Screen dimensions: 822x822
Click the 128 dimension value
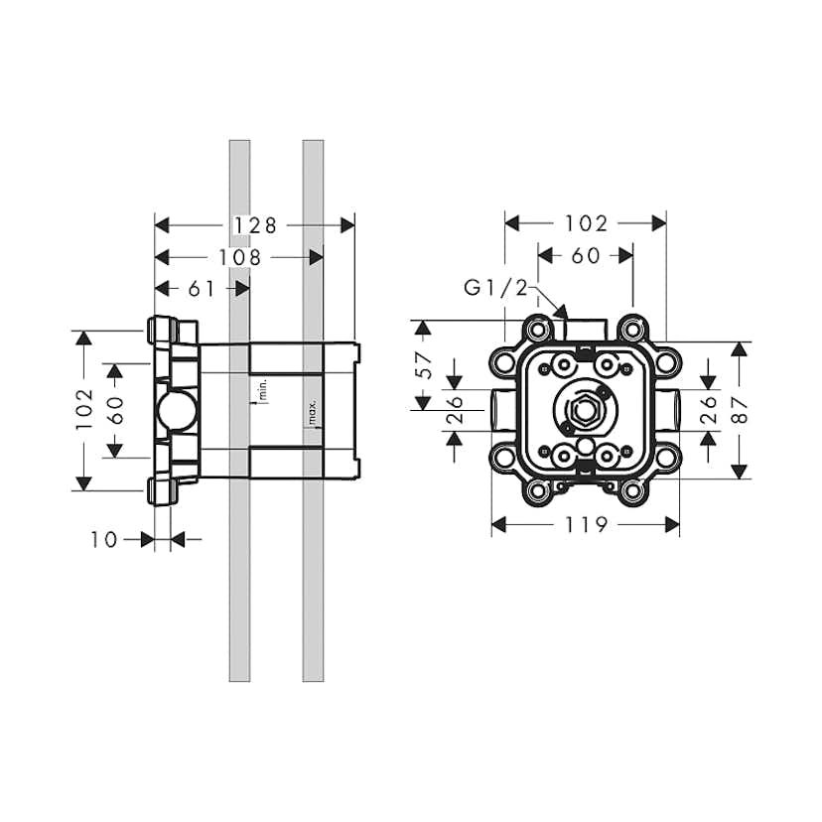coord(255,225)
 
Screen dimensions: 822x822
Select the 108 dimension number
coord(240,257)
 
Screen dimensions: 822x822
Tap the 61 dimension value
coord(202,289)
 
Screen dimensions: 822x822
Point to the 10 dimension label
coord(103,539)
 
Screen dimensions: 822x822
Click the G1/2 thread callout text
coord(495,288)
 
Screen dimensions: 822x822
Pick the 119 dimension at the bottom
coord(586,523)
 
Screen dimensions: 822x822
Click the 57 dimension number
coord(424,363)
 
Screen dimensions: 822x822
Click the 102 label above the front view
coord(586,223)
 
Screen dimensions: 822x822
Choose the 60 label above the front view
coord(586,255)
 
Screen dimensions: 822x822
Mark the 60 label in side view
coord(115,410)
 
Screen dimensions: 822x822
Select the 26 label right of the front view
coord(709,410)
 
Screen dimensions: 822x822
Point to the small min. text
coord(264,389)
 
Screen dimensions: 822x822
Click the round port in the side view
coord(175,410)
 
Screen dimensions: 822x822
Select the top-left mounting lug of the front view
coord(537,329)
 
